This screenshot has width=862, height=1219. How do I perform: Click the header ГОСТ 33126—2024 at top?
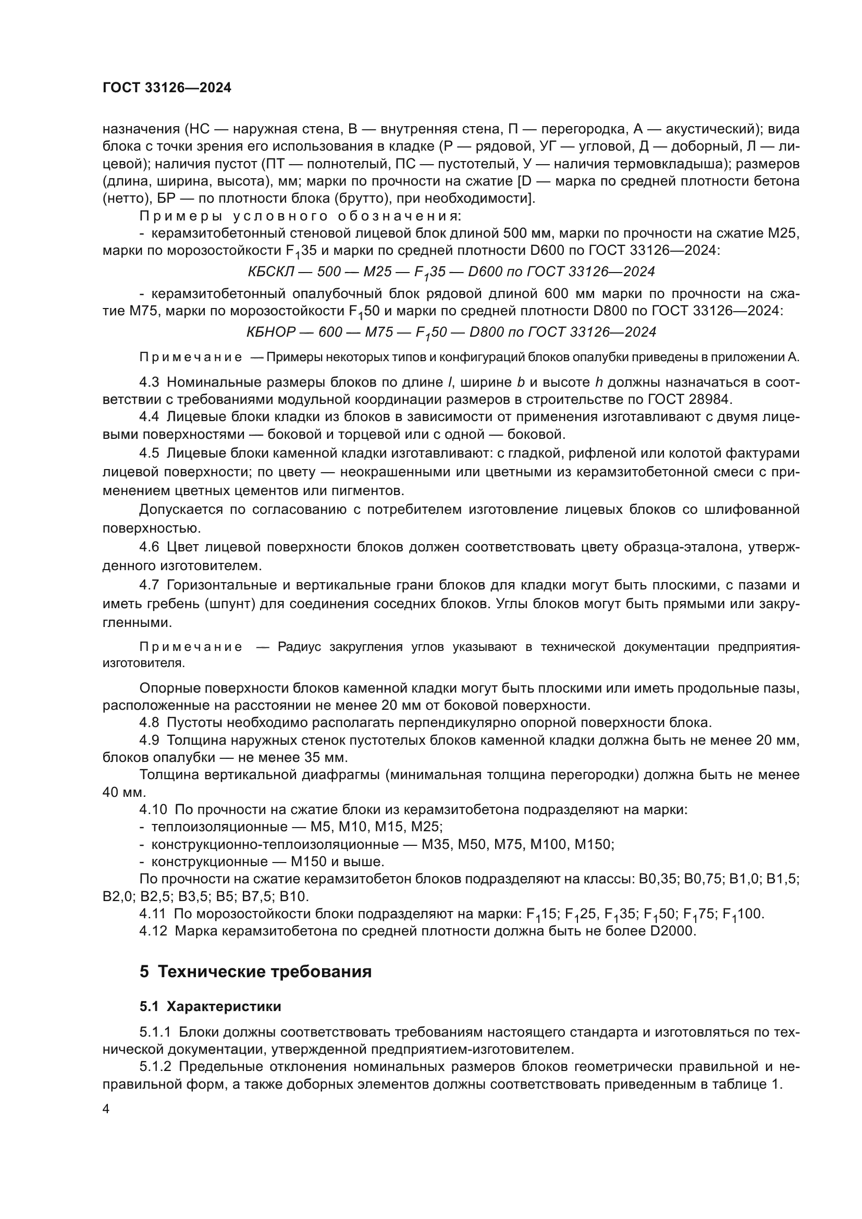point(167,88)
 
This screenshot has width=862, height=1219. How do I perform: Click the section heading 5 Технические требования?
point(255,971)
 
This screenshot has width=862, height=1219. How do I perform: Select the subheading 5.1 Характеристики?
point(210,1006)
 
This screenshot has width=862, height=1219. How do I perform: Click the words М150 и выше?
point(347,861)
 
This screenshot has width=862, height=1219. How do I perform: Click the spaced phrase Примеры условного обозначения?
point(300,216)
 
